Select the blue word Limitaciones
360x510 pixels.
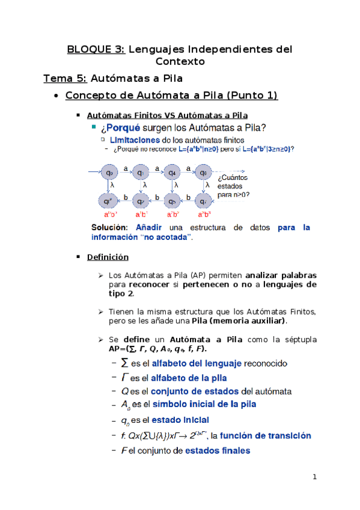pos(135,139)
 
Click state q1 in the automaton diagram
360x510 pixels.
pos(140,173)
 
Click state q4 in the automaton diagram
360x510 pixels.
pos(172,173)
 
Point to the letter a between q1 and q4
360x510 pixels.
pos(157,168)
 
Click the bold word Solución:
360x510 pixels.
pos(109,227)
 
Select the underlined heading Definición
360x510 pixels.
pos(108,257)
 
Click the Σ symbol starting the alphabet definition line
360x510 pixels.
pos(124,363)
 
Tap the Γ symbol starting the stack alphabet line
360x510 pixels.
pos(124,378)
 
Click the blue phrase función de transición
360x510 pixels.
pos(268,435)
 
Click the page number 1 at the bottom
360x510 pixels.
pos(314,477)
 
